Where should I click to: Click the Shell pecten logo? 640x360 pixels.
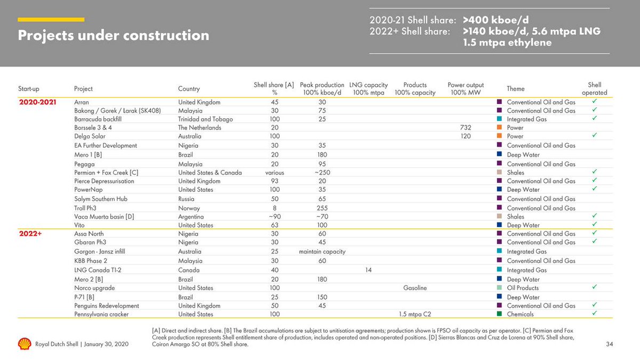[25, 344]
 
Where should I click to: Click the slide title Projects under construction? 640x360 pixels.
[114, 36]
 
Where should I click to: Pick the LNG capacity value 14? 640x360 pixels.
[368, 270]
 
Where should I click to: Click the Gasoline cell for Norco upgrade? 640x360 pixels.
[415, 288]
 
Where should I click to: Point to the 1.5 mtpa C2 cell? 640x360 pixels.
[415, 315]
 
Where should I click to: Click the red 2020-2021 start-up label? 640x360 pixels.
[37, 102]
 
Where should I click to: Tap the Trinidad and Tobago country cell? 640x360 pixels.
[205, 119]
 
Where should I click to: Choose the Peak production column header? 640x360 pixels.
[322, 89]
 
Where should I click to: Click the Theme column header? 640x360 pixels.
[516, 89]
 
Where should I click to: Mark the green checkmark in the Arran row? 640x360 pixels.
[594, 101]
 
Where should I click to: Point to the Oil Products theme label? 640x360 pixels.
[523, 288]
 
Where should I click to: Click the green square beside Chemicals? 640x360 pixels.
[499, 315]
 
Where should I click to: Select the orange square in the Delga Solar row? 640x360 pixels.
[499, 137]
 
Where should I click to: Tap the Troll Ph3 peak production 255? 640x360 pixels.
[322, 208]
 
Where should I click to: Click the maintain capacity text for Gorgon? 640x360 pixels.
[322, 252]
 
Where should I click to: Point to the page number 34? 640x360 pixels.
[610, 345]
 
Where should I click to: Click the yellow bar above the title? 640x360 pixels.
[51, 20]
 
